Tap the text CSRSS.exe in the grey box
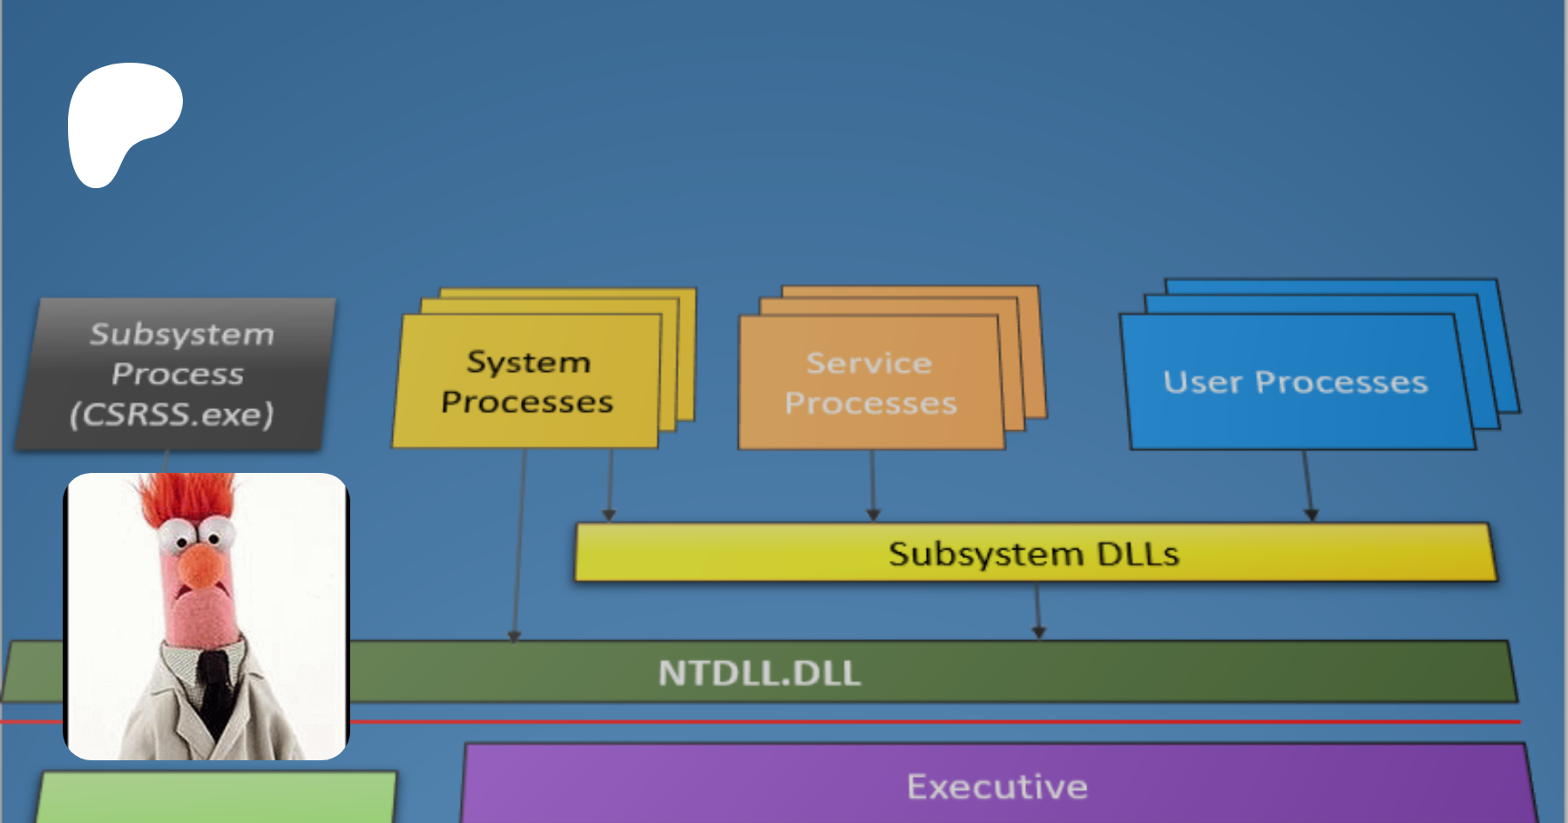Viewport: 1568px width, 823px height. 172,415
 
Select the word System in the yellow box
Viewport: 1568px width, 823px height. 529,362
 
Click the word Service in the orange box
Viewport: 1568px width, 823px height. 869,363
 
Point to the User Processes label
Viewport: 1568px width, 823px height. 1295,382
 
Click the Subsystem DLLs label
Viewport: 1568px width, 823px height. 1034,554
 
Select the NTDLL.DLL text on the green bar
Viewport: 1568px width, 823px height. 760,673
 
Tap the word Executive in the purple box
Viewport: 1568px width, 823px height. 997,787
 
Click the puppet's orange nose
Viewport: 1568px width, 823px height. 203,565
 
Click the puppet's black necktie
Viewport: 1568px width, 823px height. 212,688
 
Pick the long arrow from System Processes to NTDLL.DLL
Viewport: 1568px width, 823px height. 519,549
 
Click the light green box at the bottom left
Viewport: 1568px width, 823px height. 218,797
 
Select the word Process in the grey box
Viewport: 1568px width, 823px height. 178,374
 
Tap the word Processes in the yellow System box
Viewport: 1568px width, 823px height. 527,402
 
